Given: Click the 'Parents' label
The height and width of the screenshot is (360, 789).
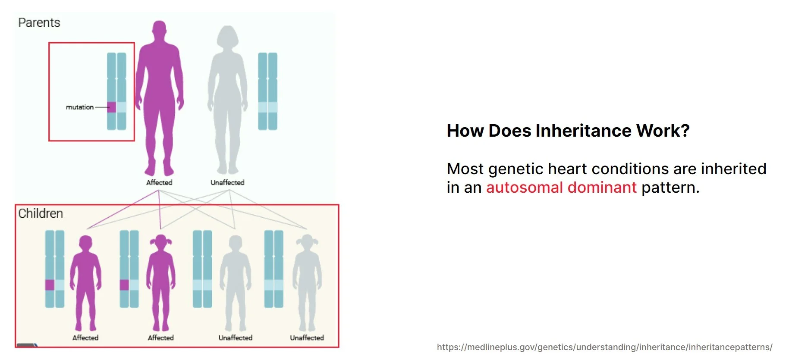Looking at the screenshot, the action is [39, 22].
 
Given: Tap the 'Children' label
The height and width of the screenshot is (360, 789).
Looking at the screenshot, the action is [41, 213].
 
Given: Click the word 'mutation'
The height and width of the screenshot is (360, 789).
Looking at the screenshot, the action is [80, 107].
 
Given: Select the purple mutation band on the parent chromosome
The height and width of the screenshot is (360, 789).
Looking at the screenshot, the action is [112, 107].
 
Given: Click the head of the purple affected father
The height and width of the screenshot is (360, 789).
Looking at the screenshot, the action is [160, 31].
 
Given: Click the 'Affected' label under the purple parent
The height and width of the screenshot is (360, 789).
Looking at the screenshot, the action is [159, 182].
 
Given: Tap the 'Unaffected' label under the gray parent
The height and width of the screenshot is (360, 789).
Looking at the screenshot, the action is [227, 182].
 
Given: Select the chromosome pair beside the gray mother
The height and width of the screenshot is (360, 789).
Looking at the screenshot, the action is [267, 91].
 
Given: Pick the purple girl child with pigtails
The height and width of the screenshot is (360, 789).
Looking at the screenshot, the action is [161, 283].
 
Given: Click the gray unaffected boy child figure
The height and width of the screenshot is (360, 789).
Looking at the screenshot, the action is [236, 283].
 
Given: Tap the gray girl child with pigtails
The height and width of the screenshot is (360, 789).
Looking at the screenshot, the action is [307, 283].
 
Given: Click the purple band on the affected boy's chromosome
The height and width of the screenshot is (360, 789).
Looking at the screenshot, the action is [50, 285].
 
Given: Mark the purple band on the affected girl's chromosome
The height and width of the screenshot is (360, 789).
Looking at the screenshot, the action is [124, 285].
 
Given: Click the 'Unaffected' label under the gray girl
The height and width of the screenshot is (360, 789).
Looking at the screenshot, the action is [307, 338].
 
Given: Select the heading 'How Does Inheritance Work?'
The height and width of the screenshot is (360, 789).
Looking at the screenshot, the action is [568, 131].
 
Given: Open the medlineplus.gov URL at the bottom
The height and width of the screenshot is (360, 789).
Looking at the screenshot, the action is [604, 347].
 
